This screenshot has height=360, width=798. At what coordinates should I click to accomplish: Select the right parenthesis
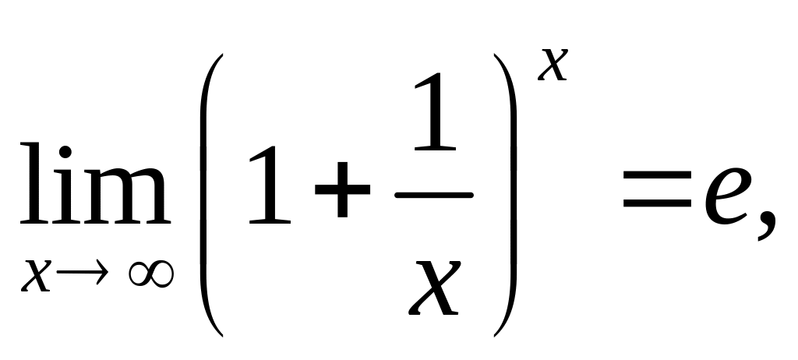505,195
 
